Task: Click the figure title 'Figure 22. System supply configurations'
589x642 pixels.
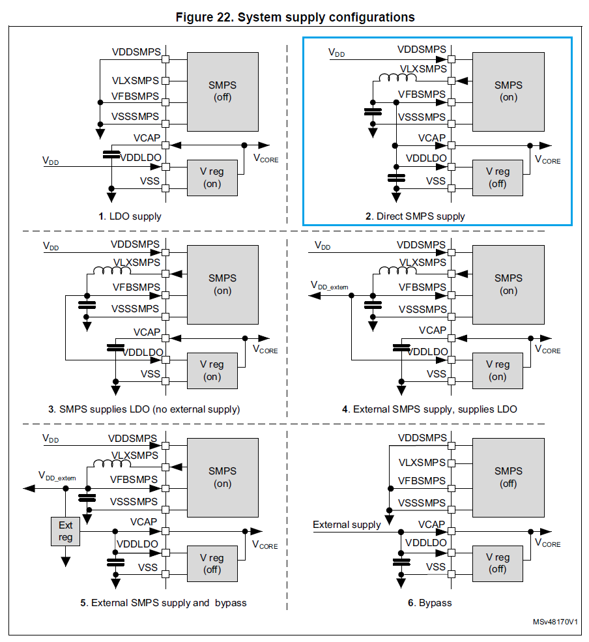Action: coord(295,17)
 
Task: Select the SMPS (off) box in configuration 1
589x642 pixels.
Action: coord(222,91)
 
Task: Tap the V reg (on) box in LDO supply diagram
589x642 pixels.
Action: coord(212,177)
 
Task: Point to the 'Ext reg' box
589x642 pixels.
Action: coord(65,531)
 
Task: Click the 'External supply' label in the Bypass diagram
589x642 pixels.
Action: coord(346,525)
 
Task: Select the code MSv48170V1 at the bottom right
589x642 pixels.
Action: coord(554,622)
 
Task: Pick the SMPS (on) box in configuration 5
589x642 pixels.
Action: coord(222,477)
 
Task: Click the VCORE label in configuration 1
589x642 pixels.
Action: coord(265,158)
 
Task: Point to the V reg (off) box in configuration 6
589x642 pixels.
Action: coord(498,564)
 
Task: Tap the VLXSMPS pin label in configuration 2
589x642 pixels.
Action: coord(423,68)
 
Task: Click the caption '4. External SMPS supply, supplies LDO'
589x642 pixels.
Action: coord(429,409)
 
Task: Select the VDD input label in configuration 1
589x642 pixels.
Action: coord(50,160)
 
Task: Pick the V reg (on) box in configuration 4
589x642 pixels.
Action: coord(498,370)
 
